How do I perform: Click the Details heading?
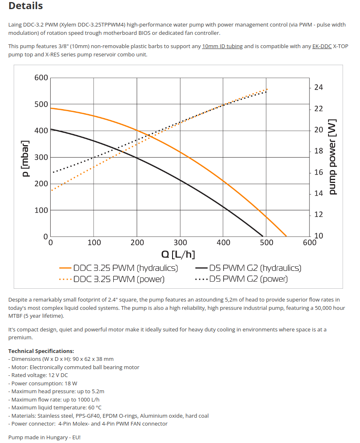pos(25,6)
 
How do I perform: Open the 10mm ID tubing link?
pos(222,46)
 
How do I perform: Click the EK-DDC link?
pos(322,46)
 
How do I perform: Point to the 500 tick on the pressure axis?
pos(41,104)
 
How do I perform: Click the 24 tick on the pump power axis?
pos(319,88)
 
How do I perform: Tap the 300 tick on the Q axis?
pos(180,243)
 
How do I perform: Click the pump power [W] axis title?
pos(333,158)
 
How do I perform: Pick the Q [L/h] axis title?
pos(178,254)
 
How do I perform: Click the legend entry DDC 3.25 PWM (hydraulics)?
pos(125,268)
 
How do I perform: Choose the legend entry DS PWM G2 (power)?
pos(248,279)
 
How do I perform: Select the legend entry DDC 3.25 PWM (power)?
pos(119,279)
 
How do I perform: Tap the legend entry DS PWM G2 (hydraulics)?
pos(255,268)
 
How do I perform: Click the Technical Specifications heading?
pos(41,351)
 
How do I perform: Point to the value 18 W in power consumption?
pos(71,383)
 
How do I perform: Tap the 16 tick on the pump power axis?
pos(319,172)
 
